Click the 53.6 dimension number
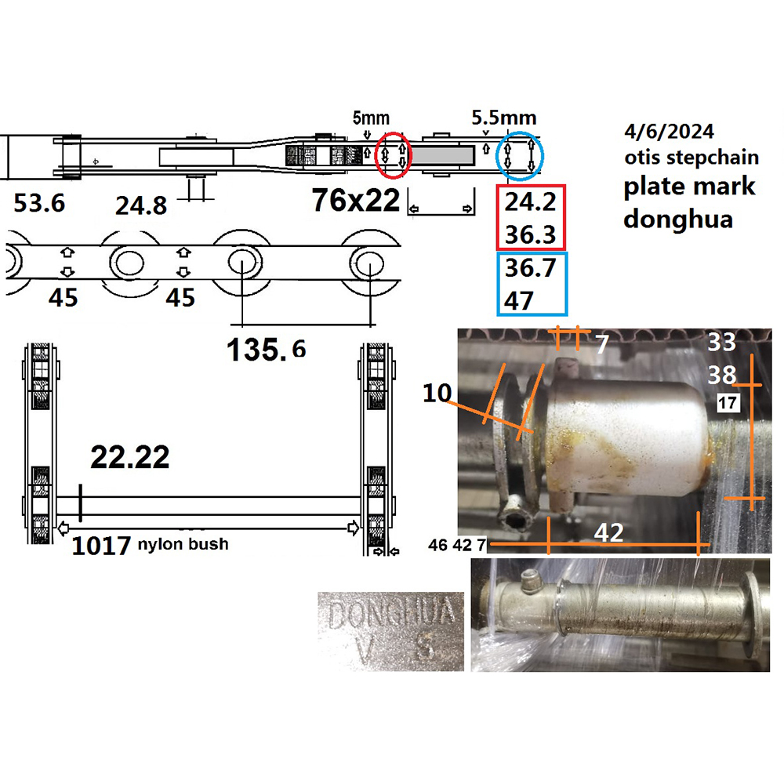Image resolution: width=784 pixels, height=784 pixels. click(39, 204)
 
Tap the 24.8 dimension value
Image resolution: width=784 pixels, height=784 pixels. click(141, 206)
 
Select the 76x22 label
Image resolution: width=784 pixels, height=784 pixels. click(356, 200)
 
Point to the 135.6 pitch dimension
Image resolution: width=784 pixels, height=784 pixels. click(266, 349)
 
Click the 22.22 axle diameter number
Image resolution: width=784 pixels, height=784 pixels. click(130, 457)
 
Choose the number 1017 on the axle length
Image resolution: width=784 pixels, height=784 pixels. click(101, 546)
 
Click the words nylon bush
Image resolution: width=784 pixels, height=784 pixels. click(183, 544)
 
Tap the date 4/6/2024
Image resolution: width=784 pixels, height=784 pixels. click(669, 132)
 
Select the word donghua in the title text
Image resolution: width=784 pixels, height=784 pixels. click(678, 219)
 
